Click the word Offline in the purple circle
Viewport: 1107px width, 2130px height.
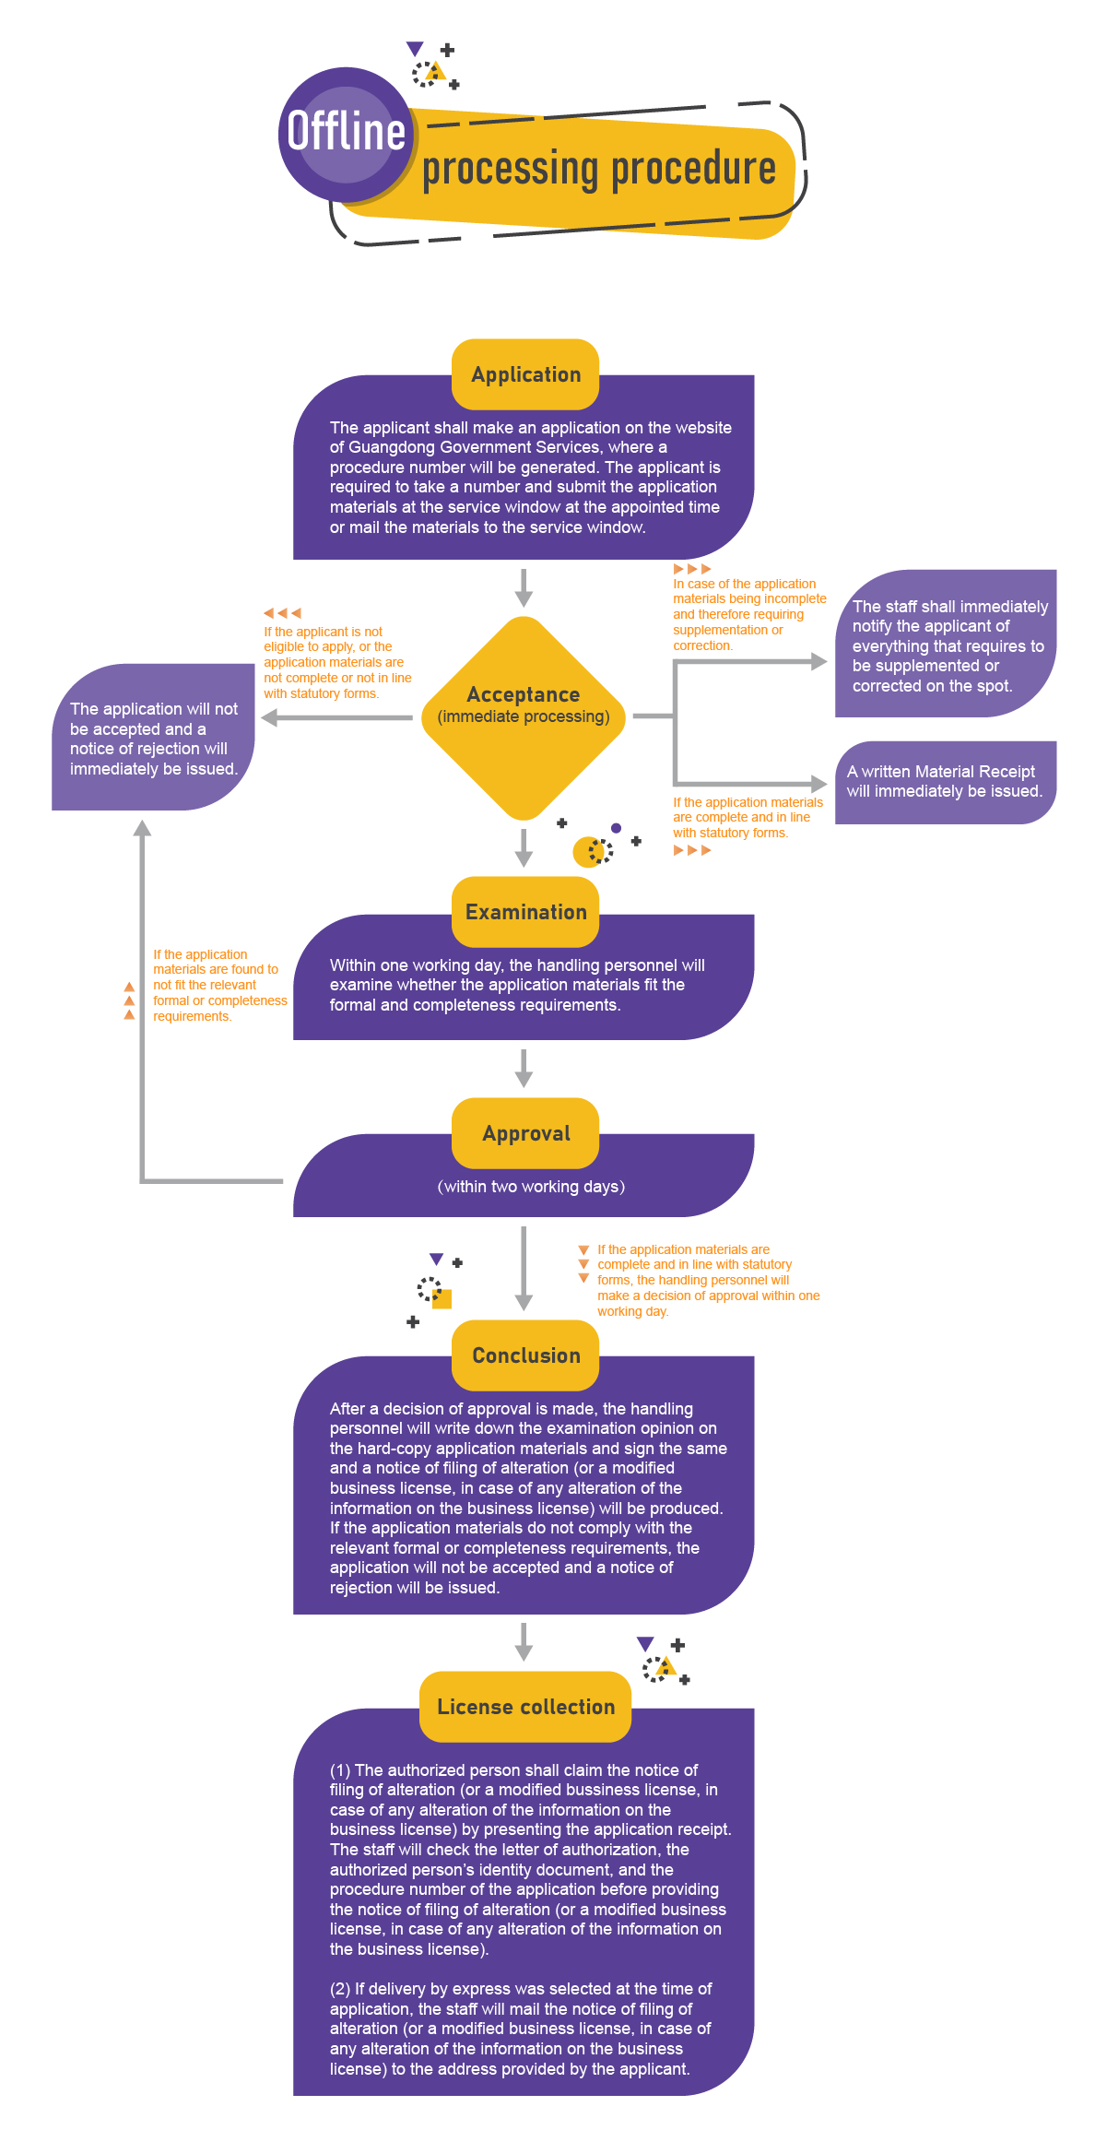point(346,131)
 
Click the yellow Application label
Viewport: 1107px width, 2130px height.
point(525,374)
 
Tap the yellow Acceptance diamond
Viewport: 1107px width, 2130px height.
point(524,717)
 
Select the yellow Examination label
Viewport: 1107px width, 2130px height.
point(525,912)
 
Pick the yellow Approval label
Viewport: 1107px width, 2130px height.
point(525,1133)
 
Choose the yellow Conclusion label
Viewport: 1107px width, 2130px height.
point(525,1355)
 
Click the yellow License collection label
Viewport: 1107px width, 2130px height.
point(525,1707)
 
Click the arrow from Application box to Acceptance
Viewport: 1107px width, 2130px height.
point(524,587)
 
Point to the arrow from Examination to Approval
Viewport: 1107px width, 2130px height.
point(524,1068)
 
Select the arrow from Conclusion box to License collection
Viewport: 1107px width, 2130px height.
point(524,1642)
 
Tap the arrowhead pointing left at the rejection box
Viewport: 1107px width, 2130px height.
point(269,717)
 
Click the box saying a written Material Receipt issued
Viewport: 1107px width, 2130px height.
point(945,782)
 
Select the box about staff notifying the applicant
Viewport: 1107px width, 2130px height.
point(945,645)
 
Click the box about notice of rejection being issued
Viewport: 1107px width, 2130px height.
point(153,738)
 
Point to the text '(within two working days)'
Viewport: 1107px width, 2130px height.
point(531,1187)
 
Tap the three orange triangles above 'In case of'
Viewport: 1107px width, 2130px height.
point(692,569)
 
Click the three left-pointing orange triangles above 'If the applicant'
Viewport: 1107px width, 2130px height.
point(282,612)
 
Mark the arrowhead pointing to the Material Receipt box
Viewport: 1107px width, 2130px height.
point(818,784)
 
